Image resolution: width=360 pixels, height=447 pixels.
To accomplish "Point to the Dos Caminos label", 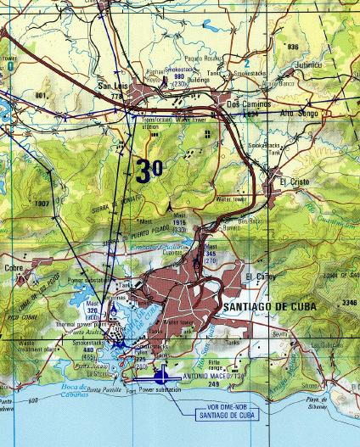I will pyautogui.click(x=248, y=103).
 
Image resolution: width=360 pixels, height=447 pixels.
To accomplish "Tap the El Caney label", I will pyautogui.click(x=259, y=277).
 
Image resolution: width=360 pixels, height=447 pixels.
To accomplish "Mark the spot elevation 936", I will pyautogui.click(x=294, y=46).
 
